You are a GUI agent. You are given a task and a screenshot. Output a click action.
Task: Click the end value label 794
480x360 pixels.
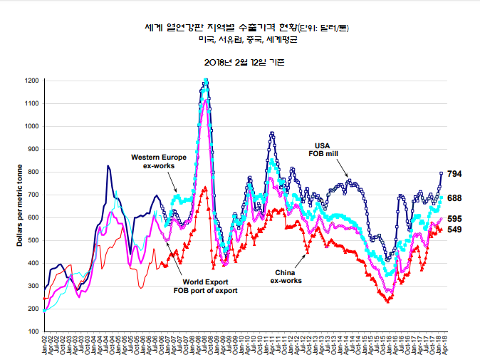point(455,174)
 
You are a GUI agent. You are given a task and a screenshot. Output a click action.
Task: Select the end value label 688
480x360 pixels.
point(455,197)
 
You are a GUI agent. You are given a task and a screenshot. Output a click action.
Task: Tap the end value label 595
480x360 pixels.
point(455,219)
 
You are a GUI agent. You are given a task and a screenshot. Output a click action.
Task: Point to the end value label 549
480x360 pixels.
point(455,230)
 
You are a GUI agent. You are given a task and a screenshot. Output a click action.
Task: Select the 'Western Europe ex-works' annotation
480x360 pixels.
point(159,160)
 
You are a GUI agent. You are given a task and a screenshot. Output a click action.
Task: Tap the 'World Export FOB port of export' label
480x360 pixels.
point(205,286)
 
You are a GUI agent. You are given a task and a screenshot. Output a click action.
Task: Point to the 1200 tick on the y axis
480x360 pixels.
point(31,81)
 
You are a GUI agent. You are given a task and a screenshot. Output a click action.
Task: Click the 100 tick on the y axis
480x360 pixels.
point(33,331)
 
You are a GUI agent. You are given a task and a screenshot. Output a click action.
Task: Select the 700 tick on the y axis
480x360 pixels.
point(33,195)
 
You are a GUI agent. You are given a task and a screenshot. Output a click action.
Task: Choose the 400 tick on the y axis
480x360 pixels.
point(33,263)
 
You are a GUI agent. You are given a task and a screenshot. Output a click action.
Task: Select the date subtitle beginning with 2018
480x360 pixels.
point(239,62)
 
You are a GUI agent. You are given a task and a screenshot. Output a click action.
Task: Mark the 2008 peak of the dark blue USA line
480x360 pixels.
point(205,81)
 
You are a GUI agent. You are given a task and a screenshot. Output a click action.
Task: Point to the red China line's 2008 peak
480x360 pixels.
point(205,188)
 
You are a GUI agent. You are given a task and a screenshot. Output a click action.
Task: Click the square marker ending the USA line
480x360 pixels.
point(442,173)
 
